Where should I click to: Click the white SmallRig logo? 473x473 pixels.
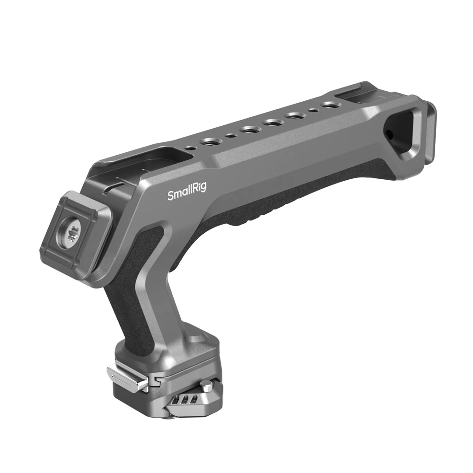pos(187,193)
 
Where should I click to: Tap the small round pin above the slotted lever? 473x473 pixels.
pos(206,385)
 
